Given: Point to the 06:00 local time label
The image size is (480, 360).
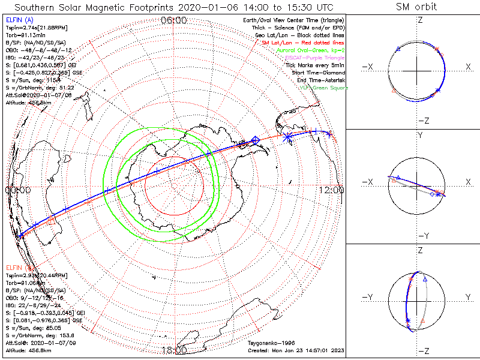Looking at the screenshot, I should [174, 20].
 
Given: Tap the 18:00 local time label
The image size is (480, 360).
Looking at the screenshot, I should [174, 350].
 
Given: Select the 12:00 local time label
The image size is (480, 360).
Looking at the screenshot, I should [332, 190].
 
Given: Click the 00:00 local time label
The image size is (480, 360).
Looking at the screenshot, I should [17, 190].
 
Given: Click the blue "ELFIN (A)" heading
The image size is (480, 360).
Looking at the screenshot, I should [19, 20].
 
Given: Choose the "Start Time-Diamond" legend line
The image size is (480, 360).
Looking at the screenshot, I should [317, 73].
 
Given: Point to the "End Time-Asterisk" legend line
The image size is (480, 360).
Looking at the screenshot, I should [319, 80].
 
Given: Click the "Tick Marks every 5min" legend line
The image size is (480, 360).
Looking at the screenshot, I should [316, 65].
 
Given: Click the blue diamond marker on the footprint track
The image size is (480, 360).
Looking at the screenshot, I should [256, 140].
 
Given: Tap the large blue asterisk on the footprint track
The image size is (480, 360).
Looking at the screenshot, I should [287, 137].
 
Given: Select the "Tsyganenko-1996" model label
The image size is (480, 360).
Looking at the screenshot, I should [269, 342].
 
